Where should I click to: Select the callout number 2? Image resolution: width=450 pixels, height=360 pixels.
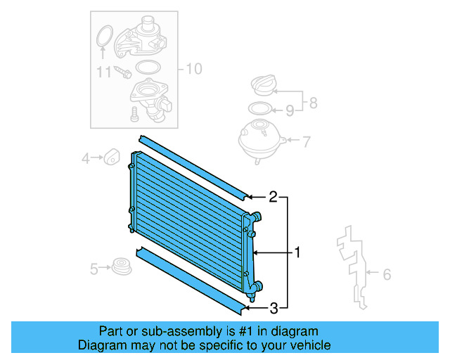(273, 198)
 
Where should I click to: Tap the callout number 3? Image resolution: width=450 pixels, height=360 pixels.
(274, 307)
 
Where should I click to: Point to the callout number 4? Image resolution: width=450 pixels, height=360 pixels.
(86, 158)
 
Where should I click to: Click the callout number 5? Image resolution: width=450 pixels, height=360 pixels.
(94, 268)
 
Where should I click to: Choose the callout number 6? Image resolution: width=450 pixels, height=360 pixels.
(386, 274)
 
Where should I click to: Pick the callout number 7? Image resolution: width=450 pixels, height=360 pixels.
(306, 141)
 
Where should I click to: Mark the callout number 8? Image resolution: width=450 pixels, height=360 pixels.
(313, 103)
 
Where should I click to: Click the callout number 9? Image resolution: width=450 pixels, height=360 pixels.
(289, 110)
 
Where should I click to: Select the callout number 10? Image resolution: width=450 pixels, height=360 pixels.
(193, 69)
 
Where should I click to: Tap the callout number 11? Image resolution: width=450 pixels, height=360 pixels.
(104, 72)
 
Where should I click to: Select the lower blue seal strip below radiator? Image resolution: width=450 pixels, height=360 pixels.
(190, 278)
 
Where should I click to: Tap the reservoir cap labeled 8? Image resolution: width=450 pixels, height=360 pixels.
(265, 88)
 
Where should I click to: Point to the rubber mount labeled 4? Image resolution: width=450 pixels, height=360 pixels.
(111, 157)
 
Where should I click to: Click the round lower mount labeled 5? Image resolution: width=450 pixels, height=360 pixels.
(122, 267)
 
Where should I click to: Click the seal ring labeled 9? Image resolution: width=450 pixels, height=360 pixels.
(261, 109)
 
